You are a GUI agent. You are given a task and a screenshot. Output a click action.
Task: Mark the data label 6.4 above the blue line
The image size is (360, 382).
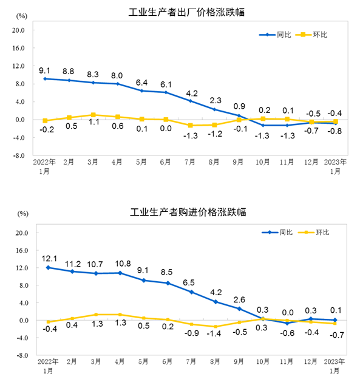141,82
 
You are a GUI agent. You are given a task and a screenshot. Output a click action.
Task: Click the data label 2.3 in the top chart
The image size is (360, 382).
214,100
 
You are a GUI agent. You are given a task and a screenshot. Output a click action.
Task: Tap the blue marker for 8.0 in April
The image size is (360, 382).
117,84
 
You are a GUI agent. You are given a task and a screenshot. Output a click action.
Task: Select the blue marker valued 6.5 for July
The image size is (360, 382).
191,292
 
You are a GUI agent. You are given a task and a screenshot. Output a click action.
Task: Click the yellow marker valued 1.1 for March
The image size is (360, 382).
93,115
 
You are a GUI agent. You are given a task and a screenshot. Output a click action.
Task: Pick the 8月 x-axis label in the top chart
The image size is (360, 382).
214,163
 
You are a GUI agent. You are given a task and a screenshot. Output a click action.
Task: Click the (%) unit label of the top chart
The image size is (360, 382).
21,15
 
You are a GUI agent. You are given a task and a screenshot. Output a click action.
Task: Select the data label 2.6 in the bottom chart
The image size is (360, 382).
240,299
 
